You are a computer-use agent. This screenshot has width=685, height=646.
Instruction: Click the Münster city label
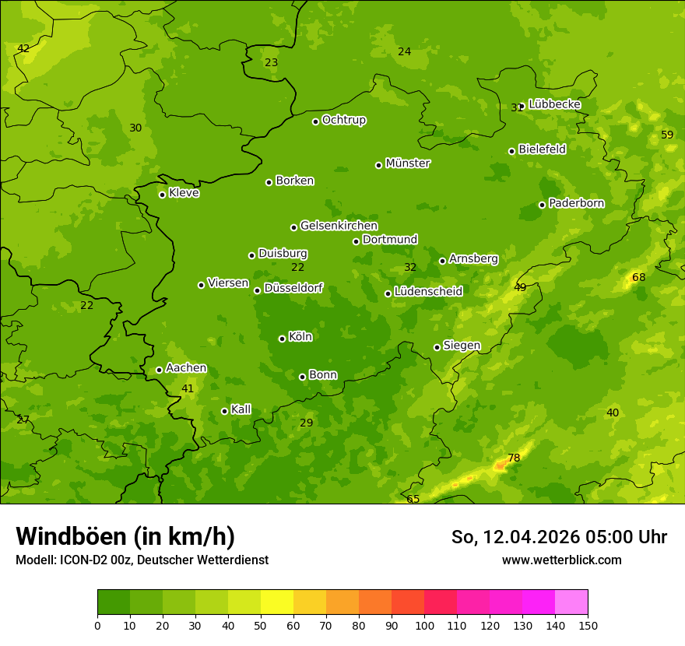(407, 163)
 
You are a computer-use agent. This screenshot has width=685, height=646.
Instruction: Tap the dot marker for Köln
(282, 339)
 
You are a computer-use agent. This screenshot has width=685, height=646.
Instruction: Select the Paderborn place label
(576, 203)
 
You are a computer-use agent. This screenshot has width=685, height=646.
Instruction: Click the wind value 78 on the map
(514, 458)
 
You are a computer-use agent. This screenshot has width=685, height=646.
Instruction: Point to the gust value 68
(639, 277)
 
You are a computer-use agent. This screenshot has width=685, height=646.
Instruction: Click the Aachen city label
(186, 368)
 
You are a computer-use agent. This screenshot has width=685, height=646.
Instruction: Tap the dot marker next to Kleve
(162, 195)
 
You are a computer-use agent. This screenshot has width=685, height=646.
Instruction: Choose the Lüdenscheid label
(428, 292)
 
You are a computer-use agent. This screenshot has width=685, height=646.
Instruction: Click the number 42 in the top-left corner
(23, 48)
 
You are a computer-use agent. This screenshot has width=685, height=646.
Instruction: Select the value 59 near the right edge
(667, 135)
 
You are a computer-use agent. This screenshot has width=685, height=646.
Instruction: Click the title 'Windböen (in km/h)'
(125, 536)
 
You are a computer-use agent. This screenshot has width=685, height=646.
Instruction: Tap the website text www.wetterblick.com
(561, 560)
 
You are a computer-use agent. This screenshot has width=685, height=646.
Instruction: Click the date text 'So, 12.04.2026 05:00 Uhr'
(559, 537)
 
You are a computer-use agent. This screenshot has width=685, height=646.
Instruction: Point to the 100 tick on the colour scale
(424, 625)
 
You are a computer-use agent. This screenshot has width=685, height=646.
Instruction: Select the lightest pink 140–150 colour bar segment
(571, 602)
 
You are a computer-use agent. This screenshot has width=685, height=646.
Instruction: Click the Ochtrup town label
(343, 120)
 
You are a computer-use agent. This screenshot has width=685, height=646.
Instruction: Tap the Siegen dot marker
(437, 347)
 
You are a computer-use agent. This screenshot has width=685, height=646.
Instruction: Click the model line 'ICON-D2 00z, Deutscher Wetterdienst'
(142, 560)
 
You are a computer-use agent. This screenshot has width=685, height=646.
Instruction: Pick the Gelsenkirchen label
(339, 226)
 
